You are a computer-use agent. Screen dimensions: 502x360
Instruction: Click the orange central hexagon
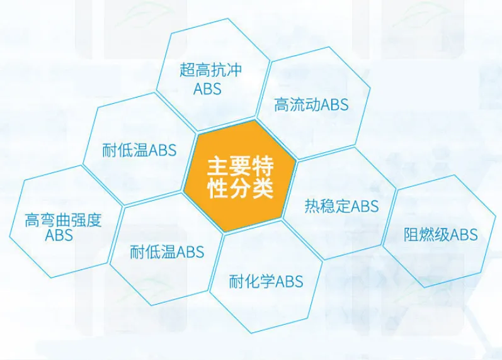pos(239,176)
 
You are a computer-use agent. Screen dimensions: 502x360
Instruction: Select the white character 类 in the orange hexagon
pos(263,189)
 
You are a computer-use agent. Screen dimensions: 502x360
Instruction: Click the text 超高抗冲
pos(210,70)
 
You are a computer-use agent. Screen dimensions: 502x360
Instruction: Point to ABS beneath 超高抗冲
pos(207,88)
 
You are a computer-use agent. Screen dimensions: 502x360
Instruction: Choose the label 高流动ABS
pos(311,104)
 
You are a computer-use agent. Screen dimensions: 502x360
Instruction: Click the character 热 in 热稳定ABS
pos(312,206)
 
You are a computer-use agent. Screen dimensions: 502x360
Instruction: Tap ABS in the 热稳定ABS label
pos(365,206)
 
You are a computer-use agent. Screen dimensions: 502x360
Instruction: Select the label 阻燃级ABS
pos(440,234)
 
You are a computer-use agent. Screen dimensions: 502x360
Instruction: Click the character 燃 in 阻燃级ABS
pos(427,234)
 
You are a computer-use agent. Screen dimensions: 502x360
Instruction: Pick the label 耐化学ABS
pos(266,281)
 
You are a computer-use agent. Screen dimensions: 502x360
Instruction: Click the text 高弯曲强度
pos(63,220)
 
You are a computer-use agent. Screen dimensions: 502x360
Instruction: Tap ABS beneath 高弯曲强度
pos(59,235)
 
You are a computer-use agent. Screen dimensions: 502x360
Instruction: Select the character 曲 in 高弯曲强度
pos(63,220)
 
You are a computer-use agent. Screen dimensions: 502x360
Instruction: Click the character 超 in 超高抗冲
pos(187,70)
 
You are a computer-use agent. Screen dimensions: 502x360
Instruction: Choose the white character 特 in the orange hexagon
pos(263,166)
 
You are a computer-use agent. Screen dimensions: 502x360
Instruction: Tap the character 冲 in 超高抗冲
pos(234,70)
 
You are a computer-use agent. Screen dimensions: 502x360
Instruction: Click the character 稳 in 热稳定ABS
pos(328,206)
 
